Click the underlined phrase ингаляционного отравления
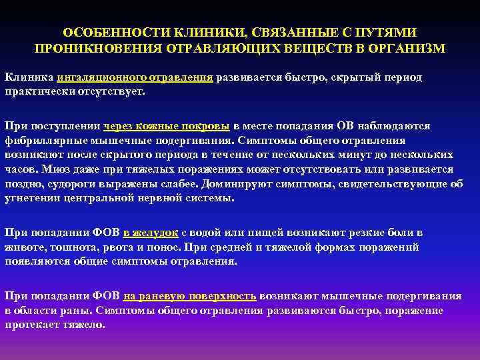[135, 77]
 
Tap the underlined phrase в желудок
[150, 233]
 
